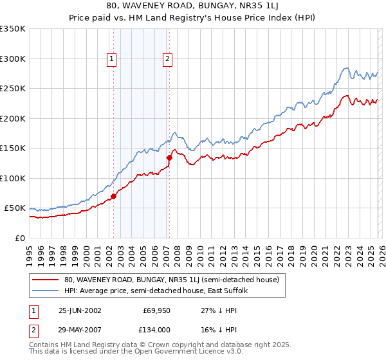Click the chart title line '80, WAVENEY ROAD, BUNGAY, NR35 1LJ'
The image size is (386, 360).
[193, 6]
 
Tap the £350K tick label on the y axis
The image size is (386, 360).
[13, 29]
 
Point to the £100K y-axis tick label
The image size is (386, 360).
[13, 178]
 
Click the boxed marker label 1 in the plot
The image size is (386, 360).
[112, 59]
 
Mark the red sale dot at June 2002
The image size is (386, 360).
[113, 196]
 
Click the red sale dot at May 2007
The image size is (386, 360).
[169, 157]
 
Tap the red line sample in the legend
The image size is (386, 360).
[45, 280]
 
